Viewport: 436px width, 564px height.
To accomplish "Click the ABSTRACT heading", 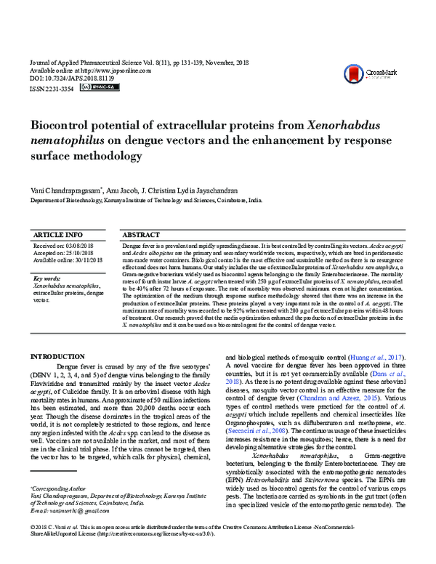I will click(x=142, y=235).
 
